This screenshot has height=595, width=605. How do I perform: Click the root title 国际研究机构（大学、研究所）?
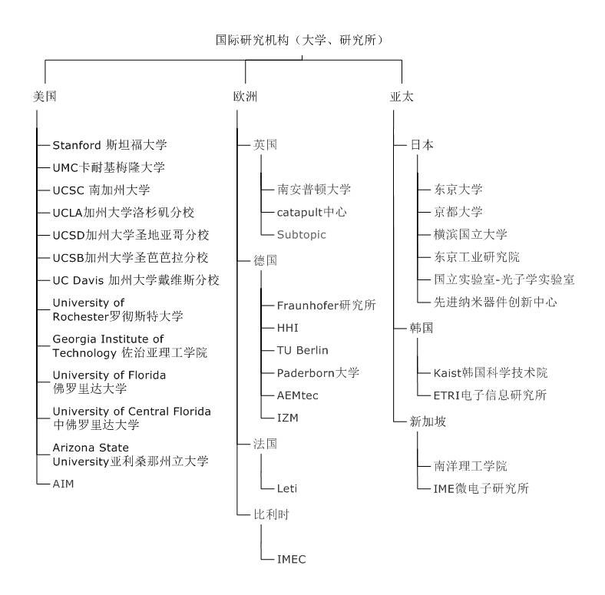click(299, 40)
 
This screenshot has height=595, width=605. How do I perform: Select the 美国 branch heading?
click(45, 96)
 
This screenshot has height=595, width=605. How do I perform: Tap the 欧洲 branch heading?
click(245, 96)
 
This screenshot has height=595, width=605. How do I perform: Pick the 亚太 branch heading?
click(402, 96)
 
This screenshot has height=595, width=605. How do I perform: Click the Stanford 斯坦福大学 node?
click(110, 145)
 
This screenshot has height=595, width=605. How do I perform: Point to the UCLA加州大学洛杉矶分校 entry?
click(123, 213)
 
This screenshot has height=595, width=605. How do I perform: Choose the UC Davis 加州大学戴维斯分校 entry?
click(136, 280)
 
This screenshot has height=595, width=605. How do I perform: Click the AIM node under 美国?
click(63, 484)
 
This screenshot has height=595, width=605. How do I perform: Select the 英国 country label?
click(265, 144)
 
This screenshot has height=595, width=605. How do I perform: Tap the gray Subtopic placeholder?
click(301, 235)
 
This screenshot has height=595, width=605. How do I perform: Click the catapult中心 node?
click(312, 212)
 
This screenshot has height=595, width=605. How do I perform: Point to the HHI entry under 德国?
click(287, 328)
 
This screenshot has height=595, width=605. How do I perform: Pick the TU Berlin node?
click(302, 350)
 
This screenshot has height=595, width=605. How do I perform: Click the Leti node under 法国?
click(287, 488)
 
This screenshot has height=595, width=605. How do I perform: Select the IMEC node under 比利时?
click(291, 559)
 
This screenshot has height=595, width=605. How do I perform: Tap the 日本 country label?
click(422, 144)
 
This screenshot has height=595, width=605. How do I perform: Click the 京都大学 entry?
click(458, 212)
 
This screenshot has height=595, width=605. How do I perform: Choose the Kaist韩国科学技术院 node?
click(491, 373)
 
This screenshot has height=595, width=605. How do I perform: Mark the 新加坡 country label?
click(428, 421)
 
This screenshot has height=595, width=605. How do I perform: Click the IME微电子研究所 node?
click(481, 488)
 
